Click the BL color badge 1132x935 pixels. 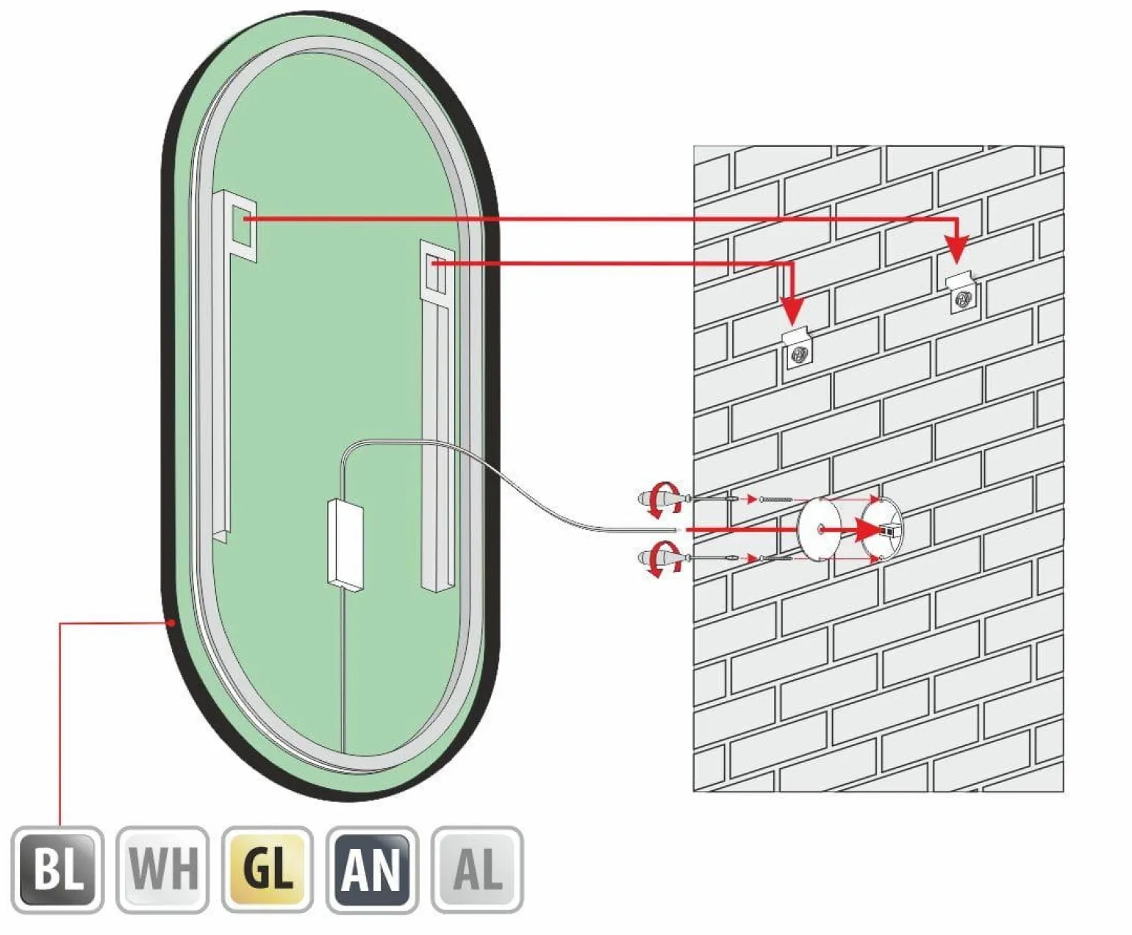coord(57,870)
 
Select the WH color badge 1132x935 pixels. coord(162,870)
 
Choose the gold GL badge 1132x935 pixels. coord(268,870)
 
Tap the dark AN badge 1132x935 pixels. coord(373,870)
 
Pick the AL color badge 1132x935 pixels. coord(477,870)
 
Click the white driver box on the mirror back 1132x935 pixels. coord(345,545)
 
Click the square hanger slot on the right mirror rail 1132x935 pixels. coord(434,272)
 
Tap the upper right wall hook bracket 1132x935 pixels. coord(961,293)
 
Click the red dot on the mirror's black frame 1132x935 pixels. coord(171,623)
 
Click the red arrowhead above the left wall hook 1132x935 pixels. coord(792,311)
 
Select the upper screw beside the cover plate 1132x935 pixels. coord(775,499)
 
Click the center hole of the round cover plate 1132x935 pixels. coord(820,529)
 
